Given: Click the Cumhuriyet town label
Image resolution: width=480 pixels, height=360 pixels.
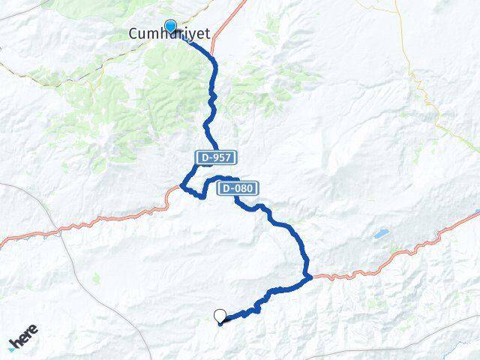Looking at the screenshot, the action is point(169,34).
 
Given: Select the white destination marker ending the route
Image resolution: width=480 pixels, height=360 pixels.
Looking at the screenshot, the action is point(220,316).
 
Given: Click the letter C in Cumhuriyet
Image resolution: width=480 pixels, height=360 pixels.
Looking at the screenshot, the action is point(134,34).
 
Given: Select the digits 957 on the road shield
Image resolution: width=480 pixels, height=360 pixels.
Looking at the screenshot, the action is point(223,157).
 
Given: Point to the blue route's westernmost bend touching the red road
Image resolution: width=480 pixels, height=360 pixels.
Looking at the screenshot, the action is point(183,187).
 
